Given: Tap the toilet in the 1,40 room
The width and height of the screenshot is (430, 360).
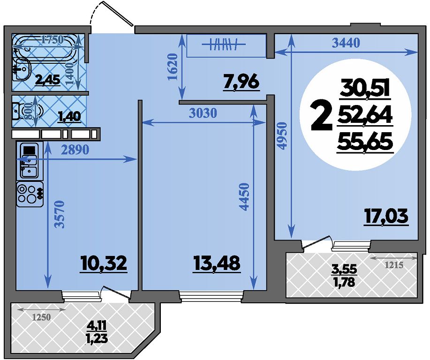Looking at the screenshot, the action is pos(27,111).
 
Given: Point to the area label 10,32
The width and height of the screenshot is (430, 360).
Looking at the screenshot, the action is pos(104,263).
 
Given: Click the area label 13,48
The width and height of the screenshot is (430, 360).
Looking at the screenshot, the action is pos(217,263).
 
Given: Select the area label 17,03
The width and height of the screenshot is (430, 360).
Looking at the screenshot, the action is pos(386,217).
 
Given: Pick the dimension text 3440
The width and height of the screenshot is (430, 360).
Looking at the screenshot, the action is pos(346,43).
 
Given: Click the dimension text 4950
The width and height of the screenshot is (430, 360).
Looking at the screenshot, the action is pos(282,136).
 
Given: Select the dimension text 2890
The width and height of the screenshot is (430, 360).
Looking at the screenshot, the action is pos(75,150).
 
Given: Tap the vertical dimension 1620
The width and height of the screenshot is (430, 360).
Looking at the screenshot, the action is pos(173,67).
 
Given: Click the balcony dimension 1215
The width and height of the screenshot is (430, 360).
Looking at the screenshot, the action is pos(394,265).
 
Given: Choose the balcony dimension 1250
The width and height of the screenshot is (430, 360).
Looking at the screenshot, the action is pos(41,317).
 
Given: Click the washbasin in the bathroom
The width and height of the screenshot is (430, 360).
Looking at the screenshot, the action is pos(22,70).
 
